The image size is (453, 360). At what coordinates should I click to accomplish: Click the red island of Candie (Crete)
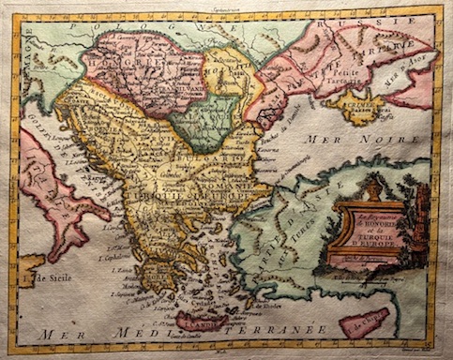click(202, 322)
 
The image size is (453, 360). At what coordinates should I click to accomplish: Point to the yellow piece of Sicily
click(28, 271)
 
